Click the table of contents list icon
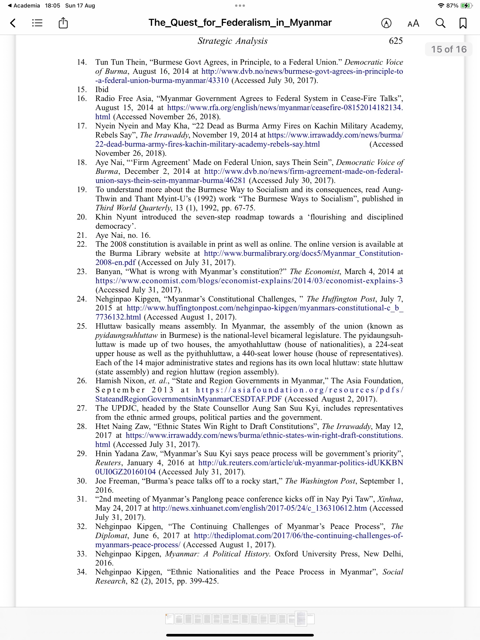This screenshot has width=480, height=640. point(37,23)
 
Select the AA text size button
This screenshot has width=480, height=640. point(413,23)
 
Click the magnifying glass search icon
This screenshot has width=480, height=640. point(440,23)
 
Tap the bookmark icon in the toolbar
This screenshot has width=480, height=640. point(463,23)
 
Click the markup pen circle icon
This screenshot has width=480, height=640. point(386,23)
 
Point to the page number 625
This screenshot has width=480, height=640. point(395,41)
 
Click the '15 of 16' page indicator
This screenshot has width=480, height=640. point(449,49)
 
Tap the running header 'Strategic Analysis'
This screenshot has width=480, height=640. point(232,41)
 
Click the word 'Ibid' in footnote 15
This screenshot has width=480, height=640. point(102,89)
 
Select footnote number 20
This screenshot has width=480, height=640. point(82,217)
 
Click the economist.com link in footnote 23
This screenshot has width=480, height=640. point(249,281)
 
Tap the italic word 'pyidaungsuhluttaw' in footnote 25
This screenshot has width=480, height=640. point(127,335)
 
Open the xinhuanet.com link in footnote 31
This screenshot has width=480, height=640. point(259,508)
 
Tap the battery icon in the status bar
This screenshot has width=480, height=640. point(466,5)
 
